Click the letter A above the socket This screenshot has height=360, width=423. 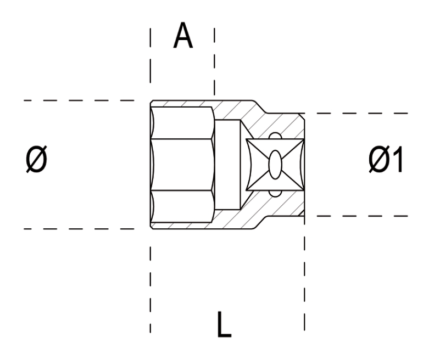(183, 36)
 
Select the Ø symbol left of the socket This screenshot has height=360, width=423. (37, 161)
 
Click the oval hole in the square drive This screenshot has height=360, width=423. (275, 164)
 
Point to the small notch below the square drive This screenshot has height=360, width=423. (275, 193)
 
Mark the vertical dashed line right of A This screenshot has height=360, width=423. (214, 60)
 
